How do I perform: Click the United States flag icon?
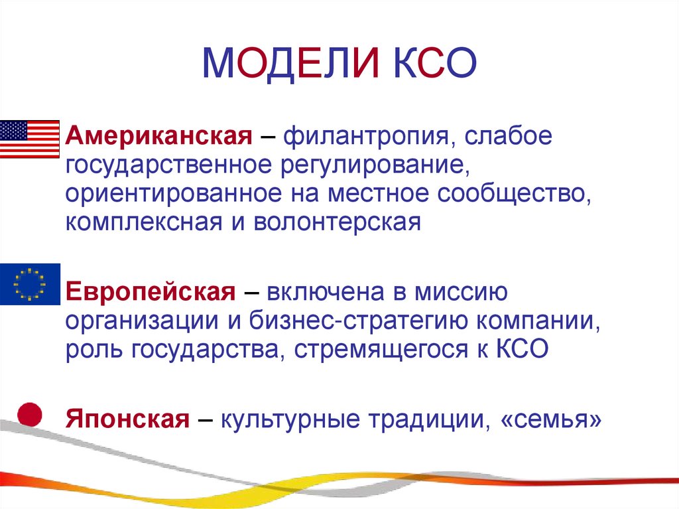click(29, 139)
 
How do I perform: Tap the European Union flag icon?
click(30, 284)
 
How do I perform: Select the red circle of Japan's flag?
click(29, 415)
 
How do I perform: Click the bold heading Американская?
click(158, 137)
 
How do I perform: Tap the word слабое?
click(507, 137)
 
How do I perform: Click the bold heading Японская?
click(128, 419)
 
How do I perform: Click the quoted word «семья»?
click(548, 419)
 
